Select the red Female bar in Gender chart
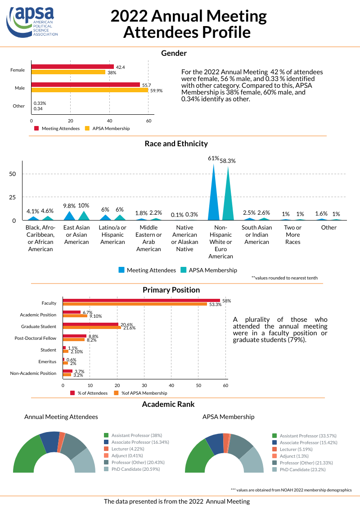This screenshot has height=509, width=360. [x=72, y=67]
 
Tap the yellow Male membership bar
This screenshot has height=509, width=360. [x=90, y=90]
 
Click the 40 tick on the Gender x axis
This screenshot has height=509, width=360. [x=109, y=121]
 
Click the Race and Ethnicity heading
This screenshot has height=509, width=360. [x=176, y=144]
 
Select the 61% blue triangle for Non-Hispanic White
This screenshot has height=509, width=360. [x=213, y=194]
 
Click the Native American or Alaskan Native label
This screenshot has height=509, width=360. [x=185, y=238]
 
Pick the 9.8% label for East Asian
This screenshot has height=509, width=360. [x=70, y=206]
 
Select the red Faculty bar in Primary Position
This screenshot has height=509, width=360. [x=141, y=301]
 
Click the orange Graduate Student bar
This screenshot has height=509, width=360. [x=92, y=327]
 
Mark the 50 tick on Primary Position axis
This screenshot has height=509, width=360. [x=198, y=385]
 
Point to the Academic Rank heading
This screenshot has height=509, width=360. [x=168, y=404]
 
